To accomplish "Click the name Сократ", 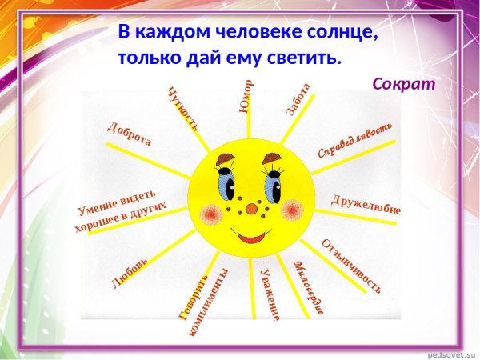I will click(404, 83).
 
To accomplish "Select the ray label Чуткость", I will click(183, 108).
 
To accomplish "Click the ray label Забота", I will click(298, 100).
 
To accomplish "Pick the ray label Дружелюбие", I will click(366, 204).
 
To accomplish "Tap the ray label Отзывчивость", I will click(350, 265).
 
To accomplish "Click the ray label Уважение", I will click(270, 294).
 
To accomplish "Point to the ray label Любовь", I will click(130, 273).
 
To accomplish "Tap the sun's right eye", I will click(273, 186).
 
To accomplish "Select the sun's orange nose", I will click(252, 209).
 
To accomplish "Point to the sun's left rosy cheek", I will click(211, 214).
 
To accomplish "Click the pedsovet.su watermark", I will click(451, 353).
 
